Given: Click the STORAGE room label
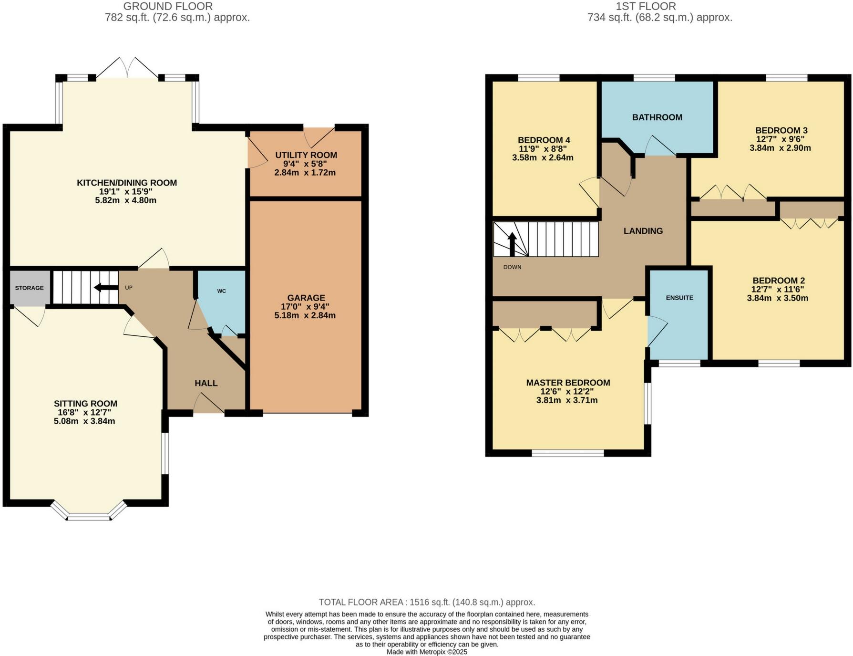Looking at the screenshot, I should click(x=29, y=288).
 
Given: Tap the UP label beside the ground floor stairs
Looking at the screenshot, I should click(x=129, y=288).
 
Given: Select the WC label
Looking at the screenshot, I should click(x=221, y=291).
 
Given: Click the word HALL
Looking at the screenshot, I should click(x=206, y=383).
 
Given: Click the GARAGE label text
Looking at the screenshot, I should click(x=306, y=298).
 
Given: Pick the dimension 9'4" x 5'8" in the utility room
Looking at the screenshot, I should click(x=306, y=164).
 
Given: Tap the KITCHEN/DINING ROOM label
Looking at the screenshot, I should click(x=127, y=183).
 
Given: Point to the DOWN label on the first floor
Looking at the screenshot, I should click(x=512, y=267).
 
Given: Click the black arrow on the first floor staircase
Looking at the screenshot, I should click(x=513, y=244).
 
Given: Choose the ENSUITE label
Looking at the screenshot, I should click(x=679, y=298).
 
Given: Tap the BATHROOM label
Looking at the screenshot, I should click(x=657, y=117).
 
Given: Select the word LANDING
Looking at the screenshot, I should click(x=643, y=231).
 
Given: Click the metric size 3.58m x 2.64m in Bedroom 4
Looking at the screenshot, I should click(x=543, y=157).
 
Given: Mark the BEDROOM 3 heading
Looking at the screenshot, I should click(x=781, y=130).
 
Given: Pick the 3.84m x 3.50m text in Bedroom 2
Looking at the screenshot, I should click(x=777, y=298).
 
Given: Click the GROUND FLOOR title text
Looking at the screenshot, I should click(x=168, y=6).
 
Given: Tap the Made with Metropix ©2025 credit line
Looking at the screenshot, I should click(x=427, y=652).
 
